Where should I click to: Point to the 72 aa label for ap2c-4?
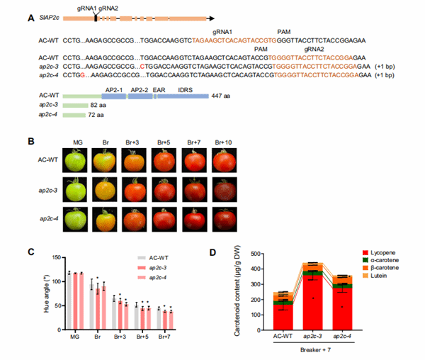click(x=96, y=115)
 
